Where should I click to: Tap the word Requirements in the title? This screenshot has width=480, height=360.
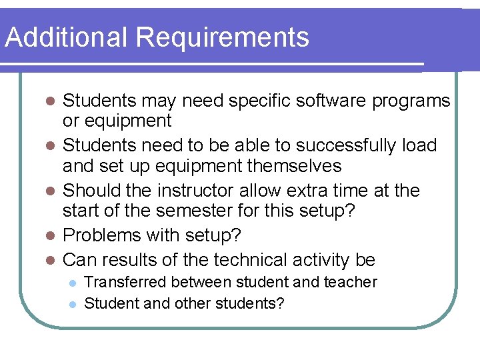(223, 39)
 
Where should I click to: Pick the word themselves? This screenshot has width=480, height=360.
(290, 166)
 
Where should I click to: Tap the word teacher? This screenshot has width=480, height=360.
(348, 282)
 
